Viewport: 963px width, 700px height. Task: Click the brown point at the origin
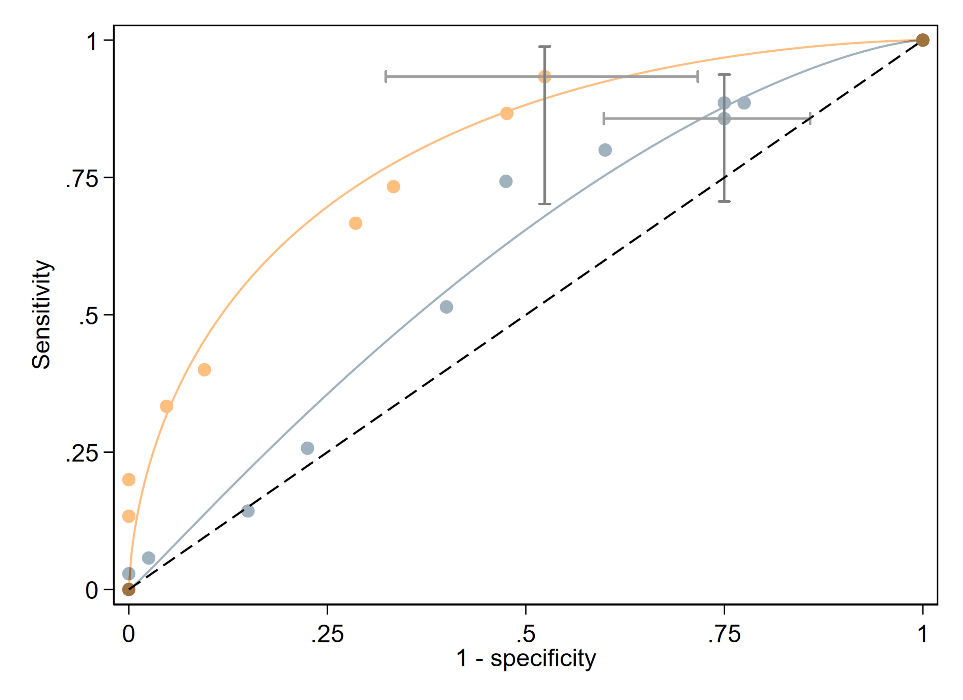[x=129, y=589]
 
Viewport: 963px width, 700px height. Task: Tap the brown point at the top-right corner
[x=922, y=40]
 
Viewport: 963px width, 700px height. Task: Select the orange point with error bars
[x=545, y=77]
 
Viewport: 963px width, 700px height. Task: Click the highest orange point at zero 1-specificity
[x=129, y=480]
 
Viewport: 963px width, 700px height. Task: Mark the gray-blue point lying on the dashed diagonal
[x=248, y=511]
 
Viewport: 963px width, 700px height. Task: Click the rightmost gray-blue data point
[x=744, y=103]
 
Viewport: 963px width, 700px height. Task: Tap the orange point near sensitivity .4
[x=204, y=370]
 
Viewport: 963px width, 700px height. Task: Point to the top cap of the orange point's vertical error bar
[x=545, y=47]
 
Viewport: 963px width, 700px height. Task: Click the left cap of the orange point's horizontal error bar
[x=386, y=77]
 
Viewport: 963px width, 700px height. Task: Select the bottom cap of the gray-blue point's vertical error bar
[x=724, y=201]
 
